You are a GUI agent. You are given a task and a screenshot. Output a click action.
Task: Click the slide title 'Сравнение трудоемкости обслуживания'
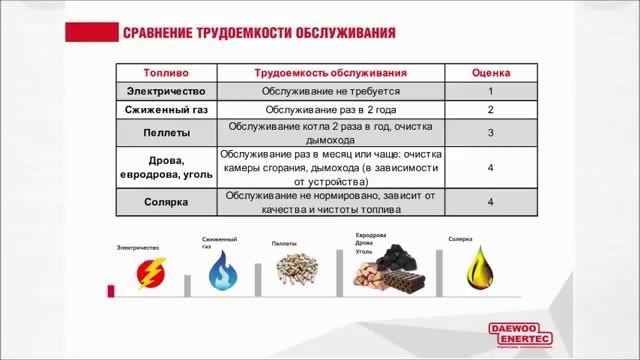pyautogui.click(x=258, y=33)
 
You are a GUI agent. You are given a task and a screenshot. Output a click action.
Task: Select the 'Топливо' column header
pyautogui.click(x=165, y=73)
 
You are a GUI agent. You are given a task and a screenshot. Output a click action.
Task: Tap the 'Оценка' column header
pyautogui.click(x=490, y=73)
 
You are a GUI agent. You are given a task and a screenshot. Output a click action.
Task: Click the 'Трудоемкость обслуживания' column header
pyautogui.click(x=330, y=73)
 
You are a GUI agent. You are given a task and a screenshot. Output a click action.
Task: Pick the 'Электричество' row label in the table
pyautogui.click(x=165, y=91)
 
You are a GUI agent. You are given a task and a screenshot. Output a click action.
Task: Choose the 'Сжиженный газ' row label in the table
pyautogui.click(x=165, y=110)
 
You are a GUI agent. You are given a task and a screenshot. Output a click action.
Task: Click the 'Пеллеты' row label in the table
pyautogui.click(x=165, y=133)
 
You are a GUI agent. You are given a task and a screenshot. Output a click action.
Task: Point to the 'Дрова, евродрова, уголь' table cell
pyautogui.click(x=165, y=168)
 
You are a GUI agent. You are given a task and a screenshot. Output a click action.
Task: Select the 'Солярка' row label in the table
pyautogui.click(x=165, y=203)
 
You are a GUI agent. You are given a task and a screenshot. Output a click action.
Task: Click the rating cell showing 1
pyautogui.click(x=490, y=91)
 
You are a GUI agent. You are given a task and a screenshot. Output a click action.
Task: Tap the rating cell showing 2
pyautogui.click(x=490, y=110)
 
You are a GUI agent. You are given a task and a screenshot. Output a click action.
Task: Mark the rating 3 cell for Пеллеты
pyautogui.click(x=490, y=133)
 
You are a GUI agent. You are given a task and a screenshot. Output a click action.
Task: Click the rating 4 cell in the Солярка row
pyautogui.click(x=490, y=203)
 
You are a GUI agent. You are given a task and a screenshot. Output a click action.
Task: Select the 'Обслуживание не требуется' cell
pyautogui.click(x=330, y=91)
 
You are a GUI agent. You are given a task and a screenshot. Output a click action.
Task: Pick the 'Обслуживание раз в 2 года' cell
pyautogui.click(x=330, y=110)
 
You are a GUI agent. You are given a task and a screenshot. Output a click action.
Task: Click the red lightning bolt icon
pyautogui.click(x=153, y=274)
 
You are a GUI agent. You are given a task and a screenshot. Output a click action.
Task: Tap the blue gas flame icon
pyautogui.click(x=224, y=271)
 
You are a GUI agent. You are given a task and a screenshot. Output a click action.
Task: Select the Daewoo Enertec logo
pyautogui.click(x=513, y=333)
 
